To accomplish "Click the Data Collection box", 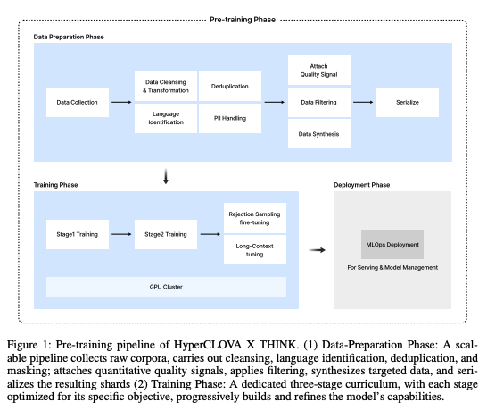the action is click(x=78, y=102).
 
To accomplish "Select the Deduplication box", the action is click(x=230, y=86).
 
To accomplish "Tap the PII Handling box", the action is click(x=230, y=118).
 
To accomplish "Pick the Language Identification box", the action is click(x=166, y=118).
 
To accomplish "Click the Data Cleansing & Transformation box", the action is click(x=166, y=86).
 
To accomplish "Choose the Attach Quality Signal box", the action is click(x=319, y=70).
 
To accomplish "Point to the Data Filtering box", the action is click(x=319, y=102).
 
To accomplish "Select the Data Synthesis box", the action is click(x=319, y=133).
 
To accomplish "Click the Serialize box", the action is click(x=408, y=102).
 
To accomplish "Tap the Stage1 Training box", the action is click(x=78, y=234).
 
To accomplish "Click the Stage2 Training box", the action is click(x=166, y=234).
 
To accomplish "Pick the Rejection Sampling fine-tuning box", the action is click(x=255, y=218).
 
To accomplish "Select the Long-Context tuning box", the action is click(x=255, y=250).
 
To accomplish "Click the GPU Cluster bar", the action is click(x=166, y=287).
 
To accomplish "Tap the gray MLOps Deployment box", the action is click(x=392, y=244).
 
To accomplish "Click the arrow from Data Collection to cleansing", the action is click(x=121, y=102).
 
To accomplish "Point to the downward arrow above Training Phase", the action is click(x=166, y=176).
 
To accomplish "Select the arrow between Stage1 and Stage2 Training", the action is click(x=121, y=234).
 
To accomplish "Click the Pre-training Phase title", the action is click(x=243, y=20).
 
